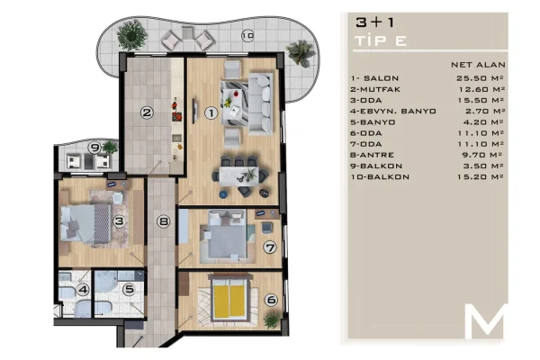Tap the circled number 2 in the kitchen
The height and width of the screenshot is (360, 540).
145,113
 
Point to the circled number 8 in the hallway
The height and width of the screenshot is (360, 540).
163,221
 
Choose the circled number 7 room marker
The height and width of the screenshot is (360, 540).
268,247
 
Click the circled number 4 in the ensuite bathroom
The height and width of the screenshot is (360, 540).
83,290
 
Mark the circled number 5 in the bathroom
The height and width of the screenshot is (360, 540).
130,290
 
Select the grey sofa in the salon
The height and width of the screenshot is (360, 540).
261,100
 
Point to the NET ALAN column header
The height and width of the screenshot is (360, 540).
477,66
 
